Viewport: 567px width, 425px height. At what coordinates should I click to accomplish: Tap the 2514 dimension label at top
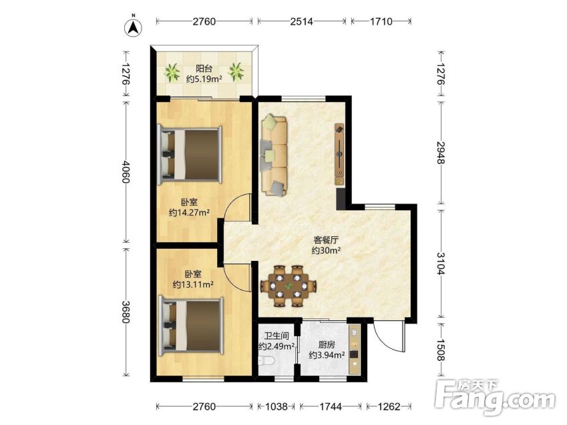coord(301,21)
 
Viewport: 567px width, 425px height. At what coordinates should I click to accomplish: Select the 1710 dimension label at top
coord(381,21)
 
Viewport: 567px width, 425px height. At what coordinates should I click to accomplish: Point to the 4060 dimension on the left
coord(125,171)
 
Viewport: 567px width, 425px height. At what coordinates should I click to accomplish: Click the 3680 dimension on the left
coord(125,312)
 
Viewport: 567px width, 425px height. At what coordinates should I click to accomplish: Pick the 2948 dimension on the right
coord(441,153)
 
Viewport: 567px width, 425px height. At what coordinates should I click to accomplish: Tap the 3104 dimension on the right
coord(441,264)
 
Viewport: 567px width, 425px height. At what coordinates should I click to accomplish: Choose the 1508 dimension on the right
coord(441,350)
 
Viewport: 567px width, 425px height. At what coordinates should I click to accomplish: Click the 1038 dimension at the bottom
coord(276,406)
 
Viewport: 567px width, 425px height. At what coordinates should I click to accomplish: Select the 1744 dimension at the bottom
coord(331,406)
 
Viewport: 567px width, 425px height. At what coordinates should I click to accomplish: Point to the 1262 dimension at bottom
coord(389,406)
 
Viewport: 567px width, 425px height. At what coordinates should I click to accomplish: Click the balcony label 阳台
coord(204,68)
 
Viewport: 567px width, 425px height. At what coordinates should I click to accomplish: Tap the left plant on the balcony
coord(172,72)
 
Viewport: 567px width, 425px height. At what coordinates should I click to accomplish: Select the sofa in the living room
coord(274,155)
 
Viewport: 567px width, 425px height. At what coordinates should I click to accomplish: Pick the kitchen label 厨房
coord(327,345)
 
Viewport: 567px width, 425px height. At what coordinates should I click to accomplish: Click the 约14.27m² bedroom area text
coord(190,213)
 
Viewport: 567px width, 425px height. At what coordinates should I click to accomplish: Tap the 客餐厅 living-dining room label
coord(326,240)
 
